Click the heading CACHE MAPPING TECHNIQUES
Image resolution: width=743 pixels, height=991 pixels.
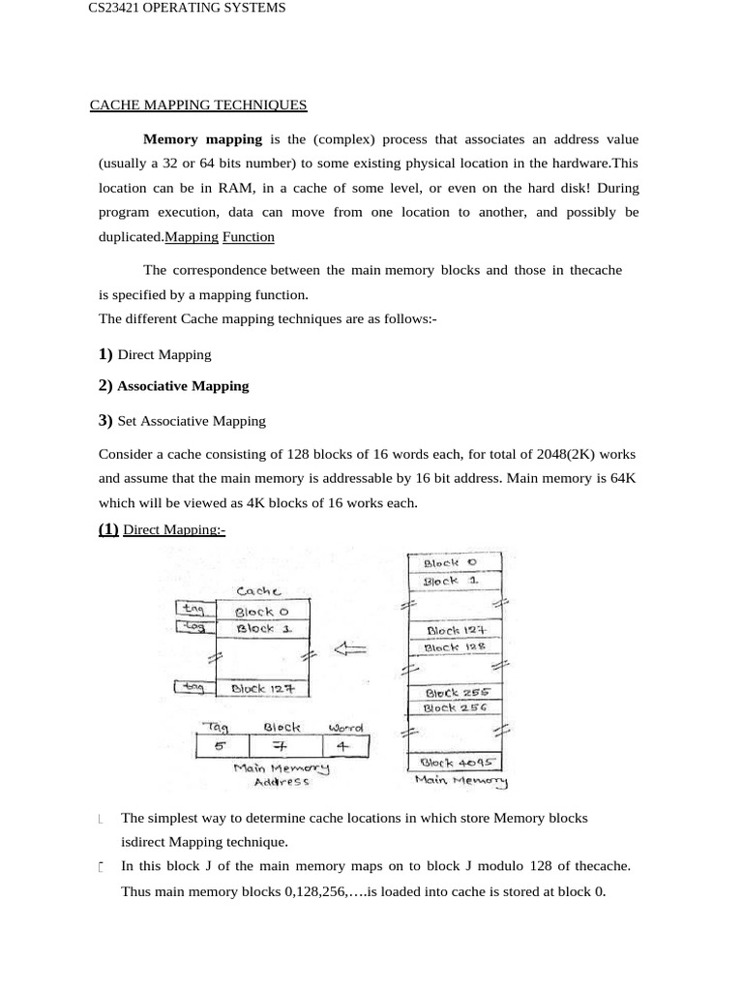point(198,105)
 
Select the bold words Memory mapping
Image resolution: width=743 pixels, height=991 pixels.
point(202,139)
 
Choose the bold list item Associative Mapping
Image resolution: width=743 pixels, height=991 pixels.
point(183,385)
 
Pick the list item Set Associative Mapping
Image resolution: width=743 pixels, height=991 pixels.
point(191,421)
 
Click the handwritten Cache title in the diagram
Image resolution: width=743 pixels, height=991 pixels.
point(258,590)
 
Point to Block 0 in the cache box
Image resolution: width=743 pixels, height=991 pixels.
point(261,611)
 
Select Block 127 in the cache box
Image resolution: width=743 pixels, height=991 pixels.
point(262,688)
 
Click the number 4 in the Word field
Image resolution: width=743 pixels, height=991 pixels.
point(344,746)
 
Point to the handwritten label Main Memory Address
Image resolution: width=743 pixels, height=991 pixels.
point(281,773)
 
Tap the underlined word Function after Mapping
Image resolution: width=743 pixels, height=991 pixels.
point(249,236)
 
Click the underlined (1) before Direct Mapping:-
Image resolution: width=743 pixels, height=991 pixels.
point(108,528)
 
